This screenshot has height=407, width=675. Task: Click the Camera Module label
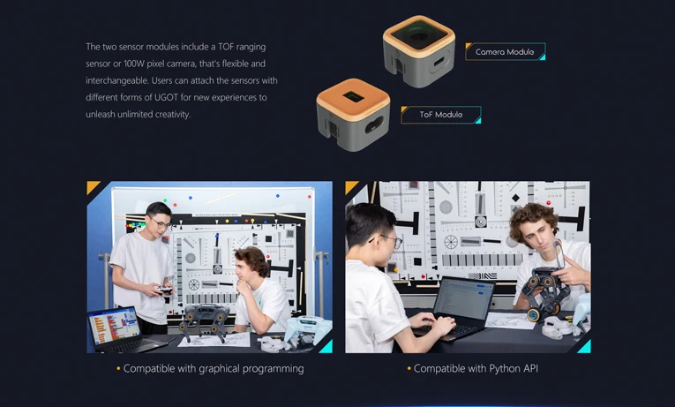[505, 52]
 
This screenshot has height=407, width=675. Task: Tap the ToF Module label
[441, 115]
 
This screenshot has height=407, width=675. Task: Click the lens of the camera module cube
[418, 34]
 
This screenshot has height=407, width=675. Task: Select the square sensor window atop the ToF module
[354, 96]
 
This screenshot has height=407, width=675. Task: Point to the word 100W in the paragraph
[134, 64]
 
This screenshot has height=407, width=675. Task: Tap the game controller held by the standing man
[164, 290]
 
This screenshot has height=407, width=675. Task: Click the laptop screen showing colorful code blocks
[115, 326]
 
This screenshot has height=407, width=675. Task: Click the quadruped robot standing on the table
[203, 320]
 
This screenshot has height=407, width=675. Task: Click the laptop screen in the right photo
[463, 298]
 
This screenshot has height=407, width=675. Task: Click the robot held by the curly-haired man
[543, 293]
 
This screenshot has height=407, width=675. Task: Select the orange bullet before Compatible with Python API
[409, 369]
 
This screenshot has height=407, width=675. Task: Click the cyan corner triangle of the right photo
[586, 347]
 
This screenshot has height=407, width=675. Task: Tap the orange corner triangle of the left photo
[92, 186]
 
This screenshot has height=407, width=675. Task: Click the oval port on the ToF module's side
[374, 124]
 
